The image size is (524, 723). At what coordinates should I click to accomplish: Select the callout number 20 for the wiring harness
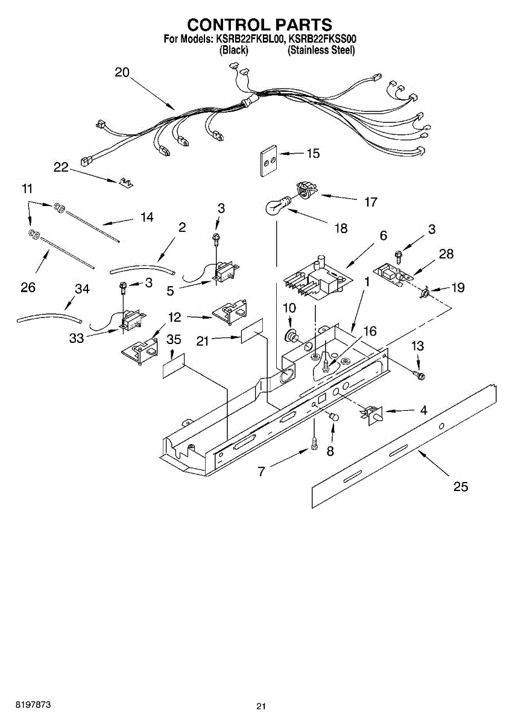point(122,72)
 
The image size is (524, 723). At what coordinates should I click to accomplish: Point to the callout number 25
point(460,487)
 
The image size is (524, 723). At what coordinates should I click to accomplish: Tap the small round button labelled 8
point(333,418)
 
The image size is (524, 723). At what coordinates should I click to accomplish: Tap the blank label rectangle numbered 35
point(173,366)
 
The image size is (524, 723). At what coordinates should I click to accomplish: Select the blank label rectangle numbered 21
point(252,332)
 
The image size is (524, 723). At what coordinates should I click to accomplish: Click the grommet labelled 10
point(292,334)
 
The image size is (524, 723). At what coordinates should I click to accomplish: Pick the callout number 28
point(446,254)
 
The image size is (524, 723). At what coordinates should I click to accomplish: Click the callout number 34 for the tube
point(82,289)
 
